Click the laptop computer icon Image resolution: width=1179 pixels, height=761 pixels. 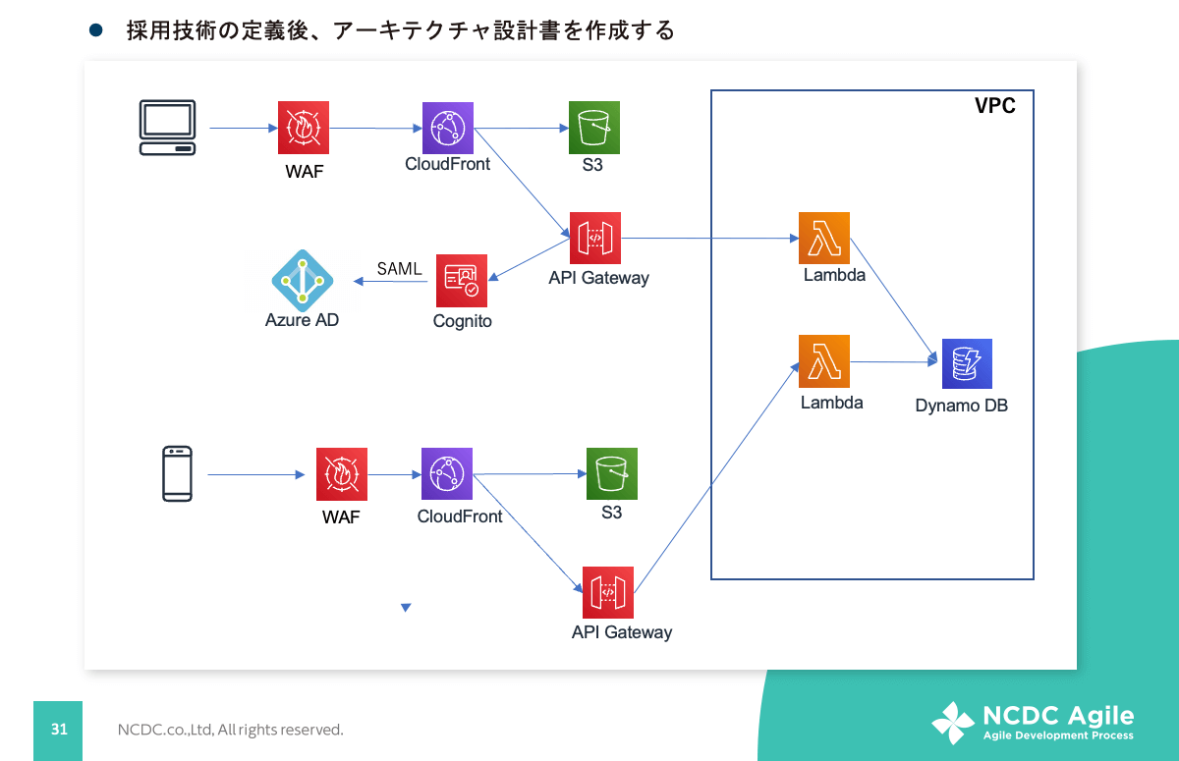(167, 128)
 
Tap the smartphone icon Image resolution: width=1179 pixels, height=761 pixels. (178, 474)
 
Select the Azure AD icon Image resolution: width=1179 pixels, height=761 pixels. (303, 280)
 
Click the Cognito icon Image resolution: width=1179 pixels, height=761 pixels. (462, 281)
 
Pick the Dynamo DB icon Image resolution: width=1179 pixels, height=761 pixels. (967, 363)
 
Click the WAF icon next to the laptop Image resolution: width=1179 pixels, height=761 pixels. (303, 128)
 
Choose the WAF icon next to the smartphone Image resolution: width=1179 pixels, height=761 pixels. (341, 473)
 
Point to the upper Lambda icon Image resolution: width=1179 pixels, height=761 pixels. (824, 238)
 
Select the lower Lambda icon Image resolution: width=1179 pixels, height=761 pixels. (824, 360)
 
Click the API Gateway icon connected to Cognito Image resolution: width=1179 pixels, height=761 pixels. (595, 238)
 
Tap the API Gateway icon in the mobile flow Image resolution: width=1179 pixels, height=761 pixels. (608, 592)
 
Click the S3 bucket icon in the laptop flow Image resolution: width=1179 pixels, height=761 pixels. (594, 128)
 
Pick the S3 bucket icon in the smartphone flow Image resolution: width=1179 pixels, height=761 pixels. (612, 473)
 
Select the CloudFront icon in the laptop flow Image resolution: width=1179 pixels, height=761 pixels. (448, 128)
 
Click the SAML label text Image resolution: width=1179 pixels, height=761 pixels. (399, 269)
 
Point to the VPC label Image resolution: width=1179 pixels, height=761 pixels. (994, 106)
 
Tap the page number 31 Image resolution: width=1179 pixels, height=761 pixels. (59, 730)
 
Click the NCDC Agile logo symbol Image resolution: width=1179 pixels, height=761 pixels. (952, 723)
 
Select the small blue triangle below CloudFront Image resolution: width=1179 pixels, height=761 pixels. (406, 608)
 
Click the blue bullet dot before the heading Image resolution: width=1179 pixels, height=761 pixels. (96, 31)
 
